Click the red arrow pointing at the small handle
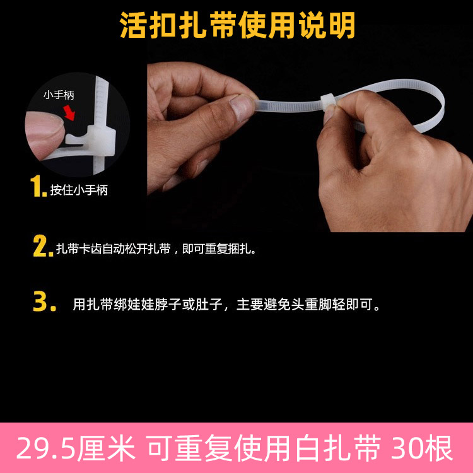tap(69, 112)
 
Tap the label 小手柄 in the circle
tap(59, 95)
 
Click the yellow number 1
tap(37, 187)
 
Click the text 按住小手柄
tap(79, 190)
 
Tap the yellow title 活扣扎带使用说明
tap(237, 25)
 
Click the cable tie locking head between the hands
tap(329, 101)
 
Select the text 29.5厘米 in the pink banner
tap(76, 448)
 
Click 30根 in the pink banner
tap(422, 448)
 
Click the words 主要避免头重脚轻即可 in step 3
tap(304, 304)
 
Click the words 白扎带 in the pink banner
tap(339, 448)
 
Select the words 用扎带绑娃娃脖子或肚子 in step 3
tap(148, 304)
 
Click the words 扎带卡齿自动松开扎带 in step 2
tap(114, 249)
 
